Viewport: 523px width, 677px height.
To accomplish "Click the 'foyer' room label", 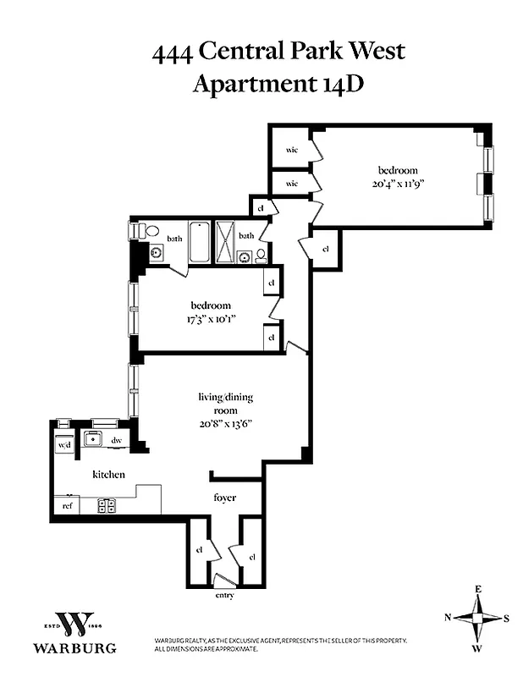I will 224,498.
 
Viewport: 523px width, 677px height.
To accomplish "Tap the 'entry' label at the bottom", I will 224,595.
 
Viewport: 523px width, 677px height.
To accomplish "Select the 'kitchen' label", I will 108,475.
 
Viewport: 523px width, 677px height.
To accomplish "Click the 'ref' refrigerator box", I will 66,505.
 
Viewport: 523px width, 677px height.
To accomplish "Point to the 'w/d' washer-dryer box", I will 63,444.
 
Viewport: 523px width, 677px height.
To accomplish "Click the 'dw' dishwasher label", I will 117,440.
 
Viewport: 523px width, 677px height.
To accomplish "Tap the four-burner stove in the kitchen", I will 107,505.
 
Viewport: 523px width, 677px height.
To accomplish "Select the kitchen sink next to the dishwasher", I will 91,439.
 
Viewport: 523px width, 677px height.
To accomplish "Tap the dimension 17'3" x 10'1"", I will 211,319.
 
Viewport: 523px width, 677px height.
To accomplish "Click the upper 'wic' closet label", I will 292,151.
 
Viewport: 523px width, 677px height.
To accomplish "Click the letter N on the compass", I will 448,618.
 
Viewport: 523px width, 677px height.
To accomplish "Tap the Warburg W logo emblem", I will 74,625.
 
